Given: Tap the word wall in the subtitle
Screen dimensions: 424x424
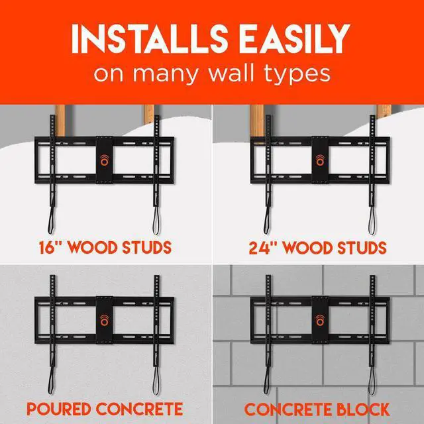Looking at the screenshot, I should coord(238,73).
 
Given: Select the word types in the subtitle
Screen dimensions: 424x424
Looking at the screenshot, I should coord(298,74).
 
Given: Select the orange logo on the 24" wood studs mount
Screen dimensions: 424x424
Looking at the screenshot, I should coord(318,161).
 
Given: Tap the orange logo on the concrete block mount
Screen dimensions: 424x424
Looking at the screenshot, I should coord(318,320).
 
